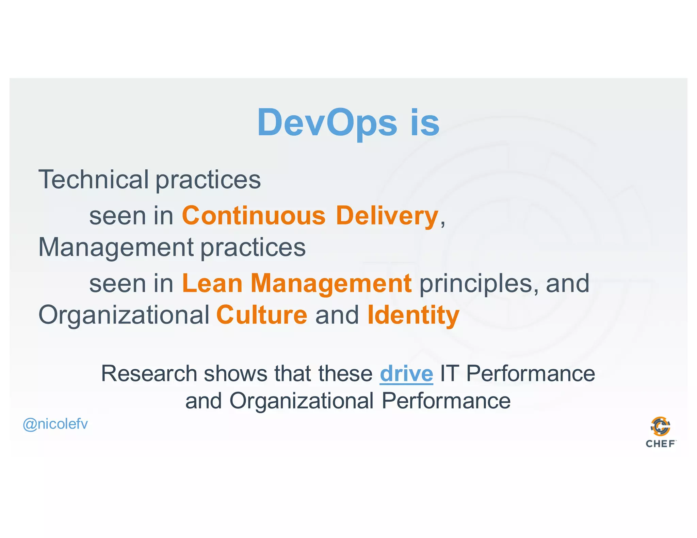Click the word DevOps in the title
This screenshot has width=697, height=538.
pos(327,122)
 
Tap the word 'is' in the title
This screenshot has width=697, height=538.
pos(425,122)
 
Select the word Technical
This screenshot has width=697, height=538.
pos(94,180)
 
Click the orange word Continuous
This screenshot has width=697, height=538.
pos(254,216)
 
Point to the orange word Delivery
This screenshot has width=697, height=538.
pos(387,216)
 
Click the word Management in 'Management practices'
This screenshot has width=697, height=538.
pos(116,247)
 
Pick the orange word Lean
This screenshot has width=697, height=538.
pos(212,283)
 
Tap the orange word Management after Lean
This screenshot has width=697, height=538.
pos(331,283)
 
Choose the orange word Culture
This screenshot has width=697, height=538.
pos(262,315)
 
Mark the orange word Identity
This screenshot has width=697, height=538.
pos(414,315)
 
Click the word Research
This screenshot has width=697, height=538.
pos(149,374)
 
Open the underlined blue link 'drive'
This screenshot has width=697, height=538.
pos(406,374)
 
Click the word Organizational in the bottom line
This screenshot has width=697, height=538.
pos(302,401)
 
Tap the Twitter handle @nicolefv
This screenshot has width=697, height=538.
pos(55,424)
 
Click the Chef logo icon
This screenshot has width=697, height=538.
pos(660,426)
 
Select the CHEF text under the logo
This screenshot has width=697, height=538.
pos(660,443)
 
